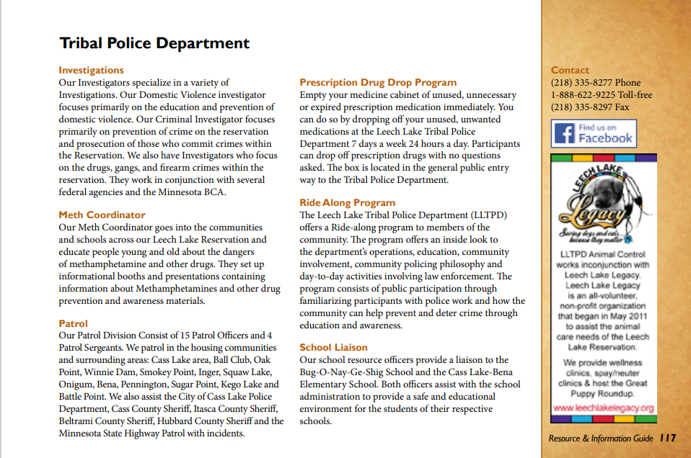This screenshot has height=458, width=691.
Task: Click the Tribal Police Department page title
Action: pyautogui.click(x=154, y=43)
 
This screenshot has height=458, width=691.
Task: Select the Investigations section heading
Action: pyautogui.click(x=91, y=71)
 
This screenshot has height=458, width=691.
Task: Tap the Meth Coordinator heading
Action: pyautogui.click(x=102, y=215)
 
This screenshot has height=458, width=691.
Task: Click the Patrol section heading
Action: pyautogui.click(x=74, y=323)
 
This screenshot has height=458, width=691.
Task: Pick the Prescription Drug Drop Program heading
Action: pyautogui.click(x=378, y=83)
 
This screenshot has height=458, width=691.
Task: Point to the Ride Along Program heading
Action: pyautogui.click(x=348, y=203)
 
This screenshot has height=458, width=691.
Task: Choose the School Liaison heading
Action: pyautogui.click(x=333, y=348)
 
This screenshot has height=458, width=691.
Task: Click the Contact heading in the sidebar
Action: pyautogui.click(x=570, y=71)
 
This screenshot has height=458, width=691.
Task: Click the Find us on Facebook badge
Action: pyautogui.click(x=594, y=134)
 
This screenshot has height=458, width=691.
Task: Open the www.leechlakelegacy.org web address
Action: pyautogui.click(x=603, y=408)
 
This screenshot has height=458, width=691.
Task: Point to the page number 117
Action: pyautogui.click(x=668, y=438)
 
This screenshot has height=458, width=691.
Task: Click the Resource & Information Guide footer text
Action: pyautogui.click(x=601, y=438)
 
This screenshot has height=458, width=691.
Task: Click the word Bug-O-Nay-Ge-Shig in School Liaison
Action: pyautogui.click(x=338, y=372)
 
